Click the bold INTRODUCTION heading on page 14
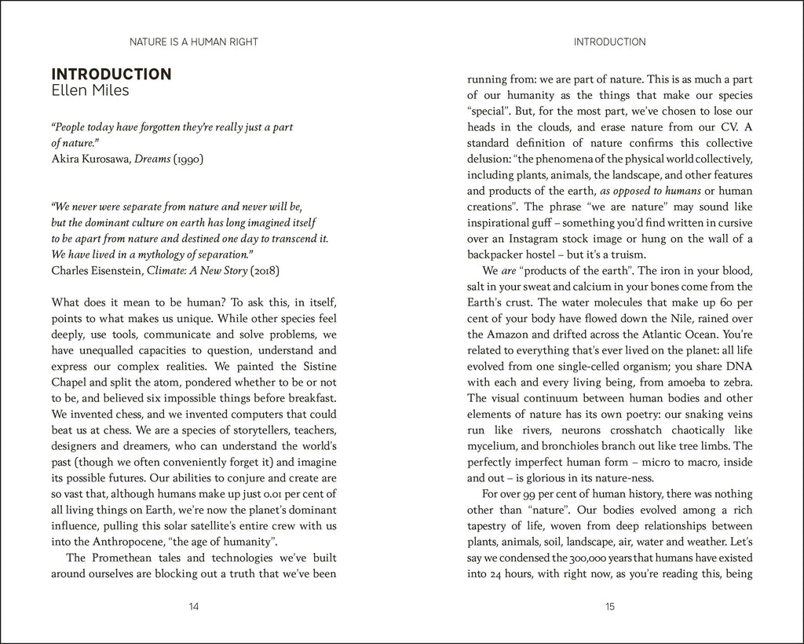click(x=111, y=75)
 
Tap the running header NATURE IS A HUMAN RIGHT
click(x=193, y=42)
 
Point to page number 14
click(x=194, y=606)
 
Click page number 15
click(x=609, y=606)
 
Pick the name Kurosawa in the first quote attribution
click(x=105, y=159)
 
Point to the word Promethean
click(x=121, y=558)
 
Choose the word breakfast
click(x=312, y=398)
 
